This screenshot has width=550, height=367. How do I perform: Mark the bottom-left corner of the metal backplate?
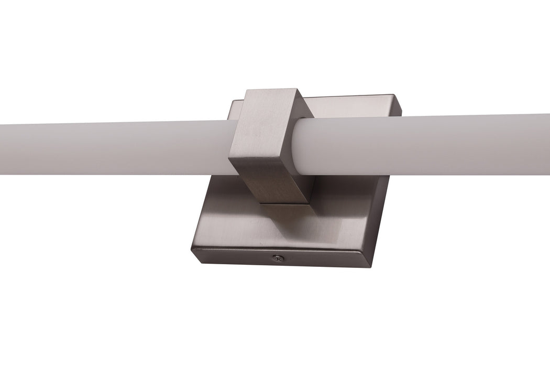tap(192, 252)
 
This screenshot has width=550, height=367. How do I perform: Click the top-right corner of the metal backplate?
tap(401, 96)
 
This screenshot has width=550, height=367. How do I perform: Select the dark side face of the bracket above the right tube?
tap(304, 107)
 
